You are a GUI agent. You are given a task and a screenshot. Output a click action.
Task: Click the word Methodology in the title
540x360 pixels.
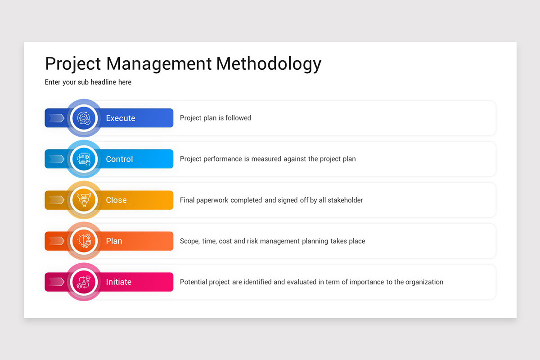(269, 64)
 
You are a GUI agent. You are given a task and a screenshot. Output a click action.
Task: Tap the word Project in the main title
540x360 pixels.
(73, 64)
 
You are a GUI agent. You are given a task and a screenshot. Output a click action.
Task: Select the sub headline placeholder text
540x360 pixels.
(88, 82)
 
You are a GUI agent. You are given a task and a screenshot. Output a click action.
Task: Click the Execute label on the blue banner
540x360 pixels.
(121, 118)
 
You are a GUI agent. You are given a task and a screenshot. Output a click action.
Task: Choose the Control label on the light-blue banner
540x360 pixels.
(119, 159)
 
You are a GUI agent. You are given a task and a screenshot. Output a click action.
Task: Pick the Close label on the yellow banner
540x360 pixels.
(116, 200)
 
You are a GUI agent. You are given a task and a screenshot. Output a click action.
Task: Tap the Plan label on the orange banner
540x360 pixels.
(114, 241)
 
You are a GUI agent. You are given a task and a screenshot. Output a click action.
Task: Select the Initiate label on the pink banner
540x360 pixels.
(119, 282)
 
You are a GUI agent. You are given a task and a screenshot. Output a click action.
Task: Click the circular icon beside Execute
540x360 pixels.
(84, 118)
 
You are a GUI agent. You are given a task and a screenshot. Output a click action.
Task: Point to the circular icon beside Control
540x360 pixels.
(84, 159)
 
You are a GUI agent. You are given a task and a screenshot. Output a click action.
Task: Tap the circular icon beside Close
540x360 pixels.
(84, 200)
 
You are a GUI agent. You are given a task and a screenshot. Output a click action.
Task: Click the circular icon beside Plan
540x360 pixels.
(84, 241)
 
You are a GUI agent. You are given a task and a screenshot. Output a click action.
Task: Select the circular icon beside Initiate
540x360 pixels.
(84, 282)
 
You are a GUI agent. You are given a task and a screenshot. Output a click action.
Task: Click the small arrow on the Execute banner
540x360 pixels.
(56, 118)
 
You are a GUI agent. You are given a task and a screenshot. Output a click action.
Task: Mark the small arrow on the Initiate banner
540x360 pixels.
(56, 282)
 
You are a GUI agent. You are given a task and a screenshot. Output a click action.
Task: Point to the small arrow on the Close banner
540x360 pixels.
(56, 200)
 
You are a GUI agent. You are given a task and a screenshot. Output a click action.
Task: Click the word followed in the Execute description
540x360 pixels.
(238, 118)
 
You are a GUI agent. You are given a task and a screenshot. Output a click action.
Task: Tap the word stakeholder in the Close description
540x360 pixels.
(345, 200)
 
